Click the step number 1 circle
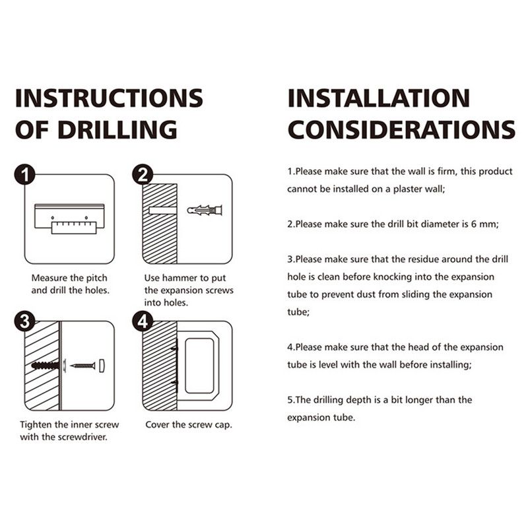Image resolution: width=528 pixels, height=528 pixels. click(24, 175)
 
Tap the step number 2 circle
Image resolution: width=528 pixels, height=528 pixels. click(143, 175)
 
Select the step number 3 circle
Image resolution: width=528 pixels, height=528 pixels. click(24, 321)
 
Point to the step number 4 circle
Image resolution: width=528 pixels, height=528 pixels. click(143, 321)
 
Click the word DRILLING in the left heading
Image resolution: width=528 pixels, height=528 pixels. click(117, 129)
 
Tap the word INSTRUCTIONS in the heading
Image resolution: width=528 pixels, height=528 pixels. click(109, 98)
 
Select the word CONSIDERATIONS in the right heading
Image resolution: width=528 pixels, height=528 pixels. click(402, 129)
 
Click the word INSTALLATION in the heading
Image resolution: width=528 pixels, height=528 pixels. click(379, 98)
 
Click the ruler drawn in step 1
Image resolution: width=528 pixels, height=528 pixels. click(74, 228)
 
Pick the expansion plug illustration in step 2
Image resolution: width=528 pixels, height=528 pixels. click(205, 211)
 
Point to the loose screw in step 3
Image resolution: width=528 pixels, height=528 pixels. click(82, 366)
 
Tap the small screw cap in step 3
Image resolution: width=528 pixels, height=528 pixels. click(102, 366)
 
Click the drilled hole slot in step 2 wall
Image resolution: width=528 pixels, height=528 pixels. click(162, 211)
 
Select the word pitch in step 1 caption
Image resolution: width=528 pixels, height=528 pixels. click(96, 278)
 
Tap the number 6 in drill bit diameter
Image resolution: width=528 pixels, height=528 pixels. click(473, 224)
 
